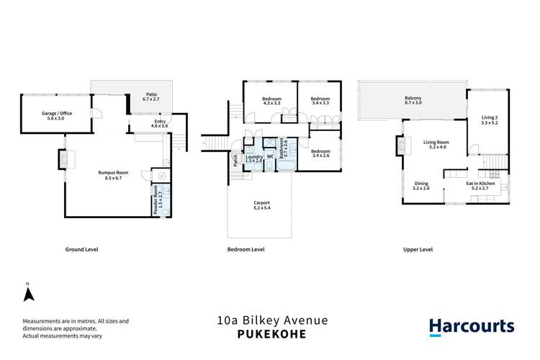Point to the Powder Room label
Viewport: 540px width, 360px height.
tap(157, 201)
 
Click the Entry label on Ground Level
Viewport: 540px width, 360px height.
tap(158, 123)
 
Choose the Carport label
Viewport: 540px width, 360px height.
tap(261, 205)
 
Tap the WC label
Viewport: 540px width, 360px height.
tap(269, 156)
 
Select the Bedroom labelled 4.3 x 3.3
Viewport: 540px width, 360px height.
tap(271, 101)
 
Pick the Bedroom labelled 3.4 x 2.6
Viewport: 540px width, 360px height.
tap(320, 153)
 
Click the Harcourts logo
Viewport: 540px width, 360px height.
tap(471, 326)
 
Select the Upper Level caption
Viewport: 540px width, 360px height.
tap(418, 249)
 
